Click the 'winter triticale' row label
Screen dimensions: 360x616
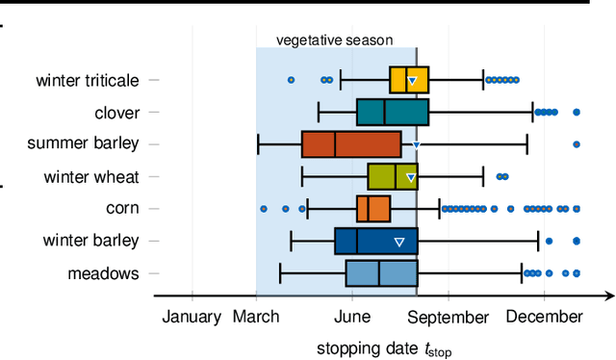coord(88,81)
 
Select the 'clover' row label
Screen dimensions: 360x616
coord(117,113)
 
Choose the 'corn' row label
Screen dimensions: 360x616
coord(122,208)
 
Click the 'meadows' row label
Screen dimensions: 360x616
coord(103,273)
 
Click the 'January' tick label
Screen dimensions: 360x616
coord(192,317)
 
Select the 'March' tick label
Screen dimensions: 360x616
coord(256,317)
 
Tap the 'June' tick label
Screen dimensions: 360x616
coord(352,317)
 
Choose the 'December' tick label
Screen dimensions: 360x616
coord(544,317)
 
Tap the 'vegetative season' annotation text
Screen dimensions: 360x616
coord(334,40)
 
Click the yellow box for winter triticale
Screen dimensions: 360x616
coord(409,80)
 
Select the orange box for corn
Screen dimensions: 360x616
coord(373,208)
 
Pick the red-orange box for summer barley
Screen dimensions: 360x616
coord(351,144)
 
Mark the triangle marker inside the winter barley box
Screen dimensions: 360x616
coord(399,241)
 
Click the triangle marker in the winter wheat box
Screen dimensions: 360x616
coord(411,177)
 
